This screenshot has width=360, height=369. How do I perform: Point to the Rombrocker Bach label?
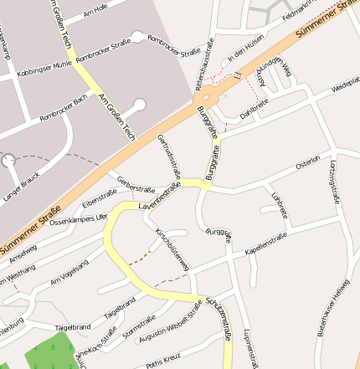point(64,108)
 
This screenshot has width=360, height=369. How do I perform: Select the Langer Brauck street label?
point(21,186)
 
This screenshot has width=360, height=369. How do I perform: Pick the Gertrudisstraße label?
point(169,158)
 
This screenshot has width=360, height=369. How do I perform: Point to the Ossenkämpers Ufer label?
point(79,218)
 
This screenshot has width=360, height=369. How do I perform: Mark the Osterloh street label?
point(308,161)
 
